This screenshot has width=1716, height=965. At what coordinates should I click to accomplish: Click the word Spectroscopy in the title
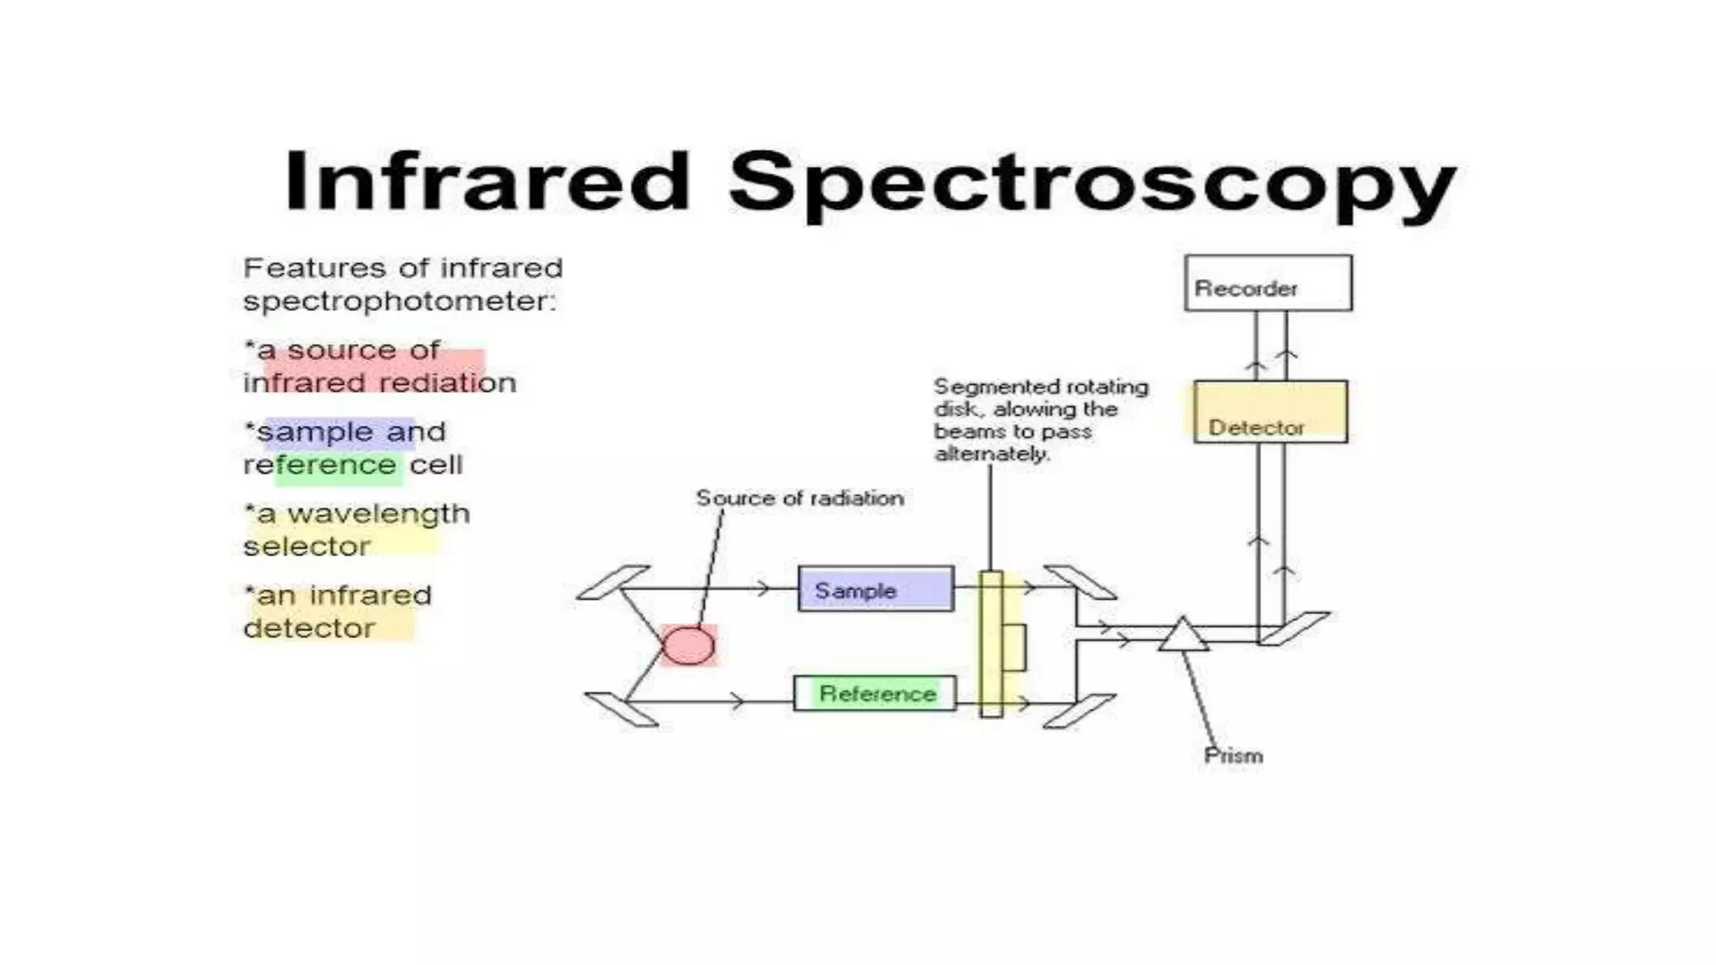tap(1093, 184)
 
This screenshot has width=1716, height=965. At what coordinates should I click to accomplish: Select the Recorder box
tap(1268, 284)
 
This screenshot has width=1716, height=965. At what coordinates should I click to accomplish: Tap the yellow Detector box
tap(1270, 412)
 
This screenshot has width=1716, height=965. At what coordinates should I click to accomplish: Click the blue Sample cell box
tap(876, 589)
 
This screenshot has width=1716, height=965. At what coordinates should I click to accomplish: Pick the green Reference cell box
tap(875, 694)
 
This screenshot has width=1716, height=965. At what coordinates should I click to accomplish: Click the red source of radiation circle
tap(689, 645)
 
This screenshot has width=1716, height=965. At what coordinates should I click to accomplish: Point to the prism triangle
tap(1183, 637)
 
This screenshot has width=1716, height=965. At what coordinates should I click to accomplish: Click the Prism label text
tap(1233, 756)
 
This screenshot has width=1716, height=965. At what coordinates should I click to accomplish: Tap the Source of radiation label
tap(799, 498)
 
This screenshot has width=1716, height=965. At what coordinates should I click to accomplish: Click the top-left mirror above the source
tap(613, 583)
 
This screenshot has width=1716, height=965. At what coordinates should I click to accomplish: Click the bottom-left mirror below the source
tap(621, 709)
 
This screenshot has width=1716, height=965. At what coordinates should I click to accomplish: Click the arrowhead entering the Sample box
tap(762, 589)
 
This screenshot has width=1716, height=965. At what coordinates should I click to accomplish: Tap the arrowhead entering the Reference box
tap(737, 701)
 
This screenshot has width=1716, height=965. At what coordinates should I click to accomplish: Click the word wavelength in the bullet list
tap(378, 513)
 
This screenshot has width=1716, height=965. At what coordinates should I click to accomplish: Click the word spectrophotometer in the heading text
tap(399, 302)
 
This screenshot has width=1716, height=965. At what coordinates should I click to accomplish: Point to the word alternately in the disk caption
tap(990, 454)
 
